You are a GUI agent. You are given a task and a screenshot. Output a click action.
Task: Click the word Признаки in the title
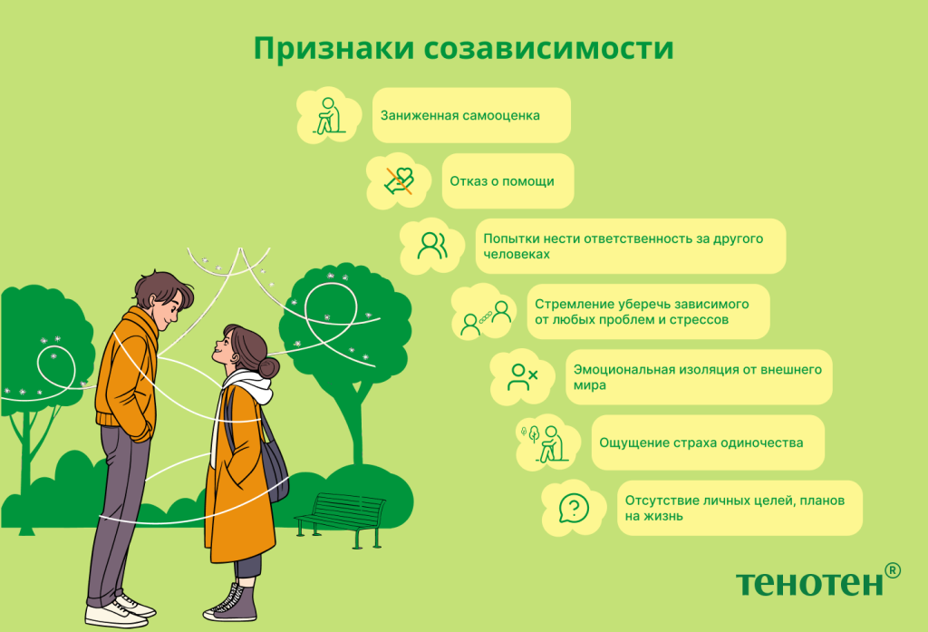coord(333,49)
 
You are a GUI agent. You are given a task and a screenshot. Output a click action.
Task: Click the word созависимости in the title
coord(549,49)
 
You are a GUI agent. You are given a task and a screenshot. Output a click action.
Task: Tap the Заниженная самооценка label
coord(459,115)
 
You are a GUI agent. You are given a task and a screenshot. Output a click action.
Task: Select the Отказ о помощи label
coord(502,181)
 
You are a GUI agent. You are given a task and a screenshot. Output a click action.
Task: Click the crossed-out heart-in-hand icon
coord(399,180)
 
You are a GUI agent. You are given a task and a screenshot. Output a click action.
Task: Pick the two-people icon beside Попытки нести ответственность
coord(432,246)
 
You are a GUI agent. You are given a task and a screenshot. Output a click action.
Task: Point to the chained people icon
coord(486,318)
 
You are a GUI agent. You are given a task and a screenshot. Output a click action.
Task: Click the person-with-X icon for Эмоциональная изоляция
coord(522,377)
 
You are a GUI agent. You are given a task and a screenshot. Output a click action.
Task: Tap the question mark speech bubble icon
coord(574,508)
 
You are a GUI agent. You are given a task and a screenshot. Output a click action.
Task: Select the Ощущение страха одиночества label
coord(701,442)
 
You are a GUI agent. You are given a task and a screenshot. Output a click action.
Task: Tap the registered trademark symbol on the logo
coord(893,570)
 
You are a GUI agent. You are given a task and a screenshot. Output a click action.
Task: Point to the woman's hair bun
coord(268,368)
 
